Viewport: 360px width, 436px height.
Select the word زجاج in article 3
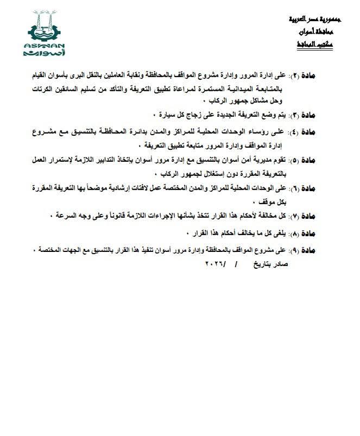coord(195,116)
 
